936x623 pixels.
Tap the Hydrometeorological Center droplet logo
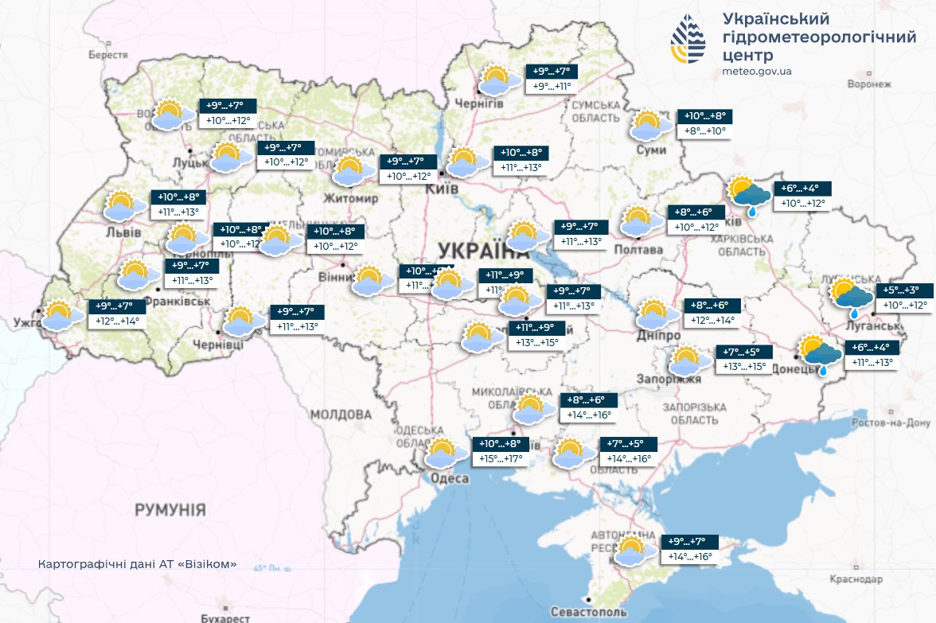(x=688, y=39)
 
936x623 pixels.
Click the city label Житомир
(x=351, y=197)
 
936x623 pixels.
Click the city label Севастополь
(x=588, y=612)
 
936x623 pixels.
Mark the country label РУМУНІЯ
(x=170, y=509)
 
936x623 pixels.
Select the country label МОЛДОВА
(x=340, y=415)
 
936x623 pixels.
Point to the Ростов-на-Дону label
(x=891, y=422)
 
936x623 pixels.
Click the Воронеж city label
(x=868, y=84)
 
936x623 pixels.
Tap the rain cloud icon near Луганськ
(x=851, y=297)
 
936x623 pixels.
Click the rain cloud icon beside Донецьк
(x=821, y=354)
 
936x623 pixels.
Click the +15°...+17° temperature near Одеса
(x=499, y=459)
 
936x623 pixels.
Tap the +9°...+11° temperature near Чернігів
(x=552, y=86)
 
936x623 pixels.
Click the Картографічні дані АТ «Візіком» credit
(x=137, y=563)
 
